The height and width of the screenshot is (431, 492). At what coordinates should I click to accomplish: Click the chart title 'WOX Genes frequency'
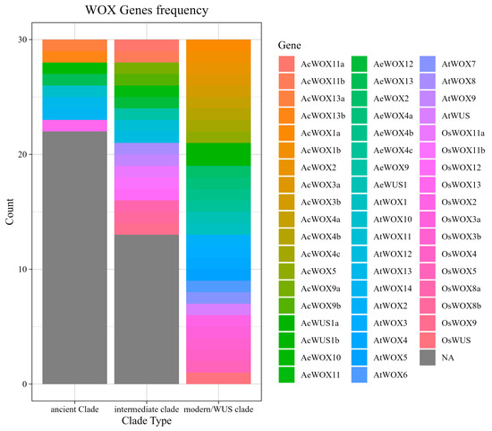(147, 11)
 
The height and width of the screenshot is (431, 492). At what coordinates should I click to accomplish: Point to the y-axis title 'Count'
(11, 211)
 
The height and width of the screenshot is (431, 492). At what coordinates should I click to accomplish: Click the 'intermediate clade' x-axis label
(147, 409)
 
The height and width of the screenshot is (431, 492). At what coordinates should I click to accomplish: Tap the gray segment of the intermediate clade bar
(147, 309)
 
